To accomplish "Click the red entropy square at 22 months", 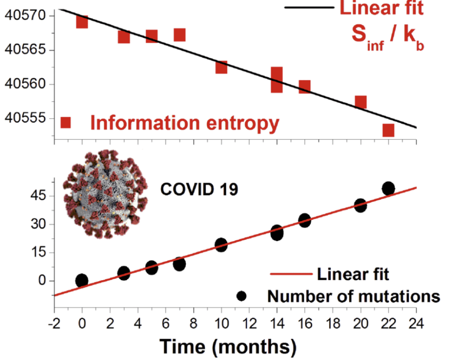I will click(388, 130).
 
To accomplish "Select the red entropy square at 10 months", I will click(221, 67).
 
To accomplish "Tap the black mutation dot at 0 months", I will click(82, 280).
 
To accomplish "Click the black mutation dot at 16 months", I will click(304, 220).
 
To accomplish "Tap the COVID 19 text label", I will click(200, 189).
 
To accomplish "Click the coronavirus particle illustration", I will click(106, 194).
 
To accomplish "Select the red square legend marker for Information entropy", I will click(66, 123).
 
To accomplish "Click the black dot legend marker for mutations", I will click(241, 296).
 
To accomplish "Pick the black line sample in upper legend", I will click(309, 8).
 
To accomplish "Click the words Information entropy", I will click(185, 123).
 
